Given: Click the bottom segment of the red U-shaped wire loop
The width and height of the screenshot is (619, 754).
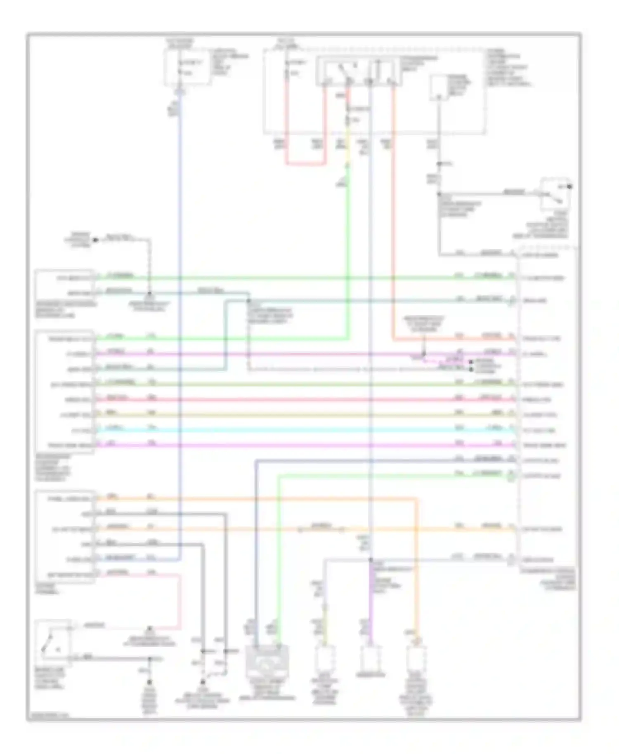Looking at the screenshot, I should click(x=305, y=164).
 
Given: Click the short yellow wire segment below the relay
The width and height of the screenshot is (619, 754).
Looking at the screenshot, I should click(x=347, y=144).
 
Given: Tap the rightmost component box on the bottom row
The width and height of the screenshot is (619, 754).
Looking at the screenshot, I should click(x=416, y=660).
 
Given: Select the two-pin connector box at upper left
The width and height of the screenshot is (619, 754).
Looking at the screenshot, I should click(x=65, y=285).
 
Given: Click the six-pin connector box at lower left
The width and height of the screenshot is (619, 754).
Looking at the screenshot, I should click(x=65, y=536).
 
